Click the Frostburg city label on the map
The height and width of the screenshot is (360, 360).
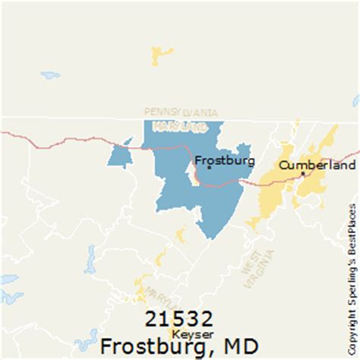click(x=225, y=161)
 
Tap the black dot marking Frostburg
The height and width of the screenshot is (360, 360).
click(x=210, y=167)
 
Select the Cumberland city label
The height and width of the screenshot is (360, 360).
click(x=317, y=165)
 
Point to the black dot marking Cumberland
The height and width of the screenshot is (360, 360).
click(x=303, y=174)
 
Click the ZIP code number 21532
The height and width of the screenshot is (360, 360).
click(x=181, y=317)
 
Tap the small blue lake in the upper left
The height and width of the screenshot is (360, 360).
click(x=50, y=76)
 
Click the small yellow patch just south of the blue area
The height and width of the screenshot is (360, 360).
click(x=181, y=235)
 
